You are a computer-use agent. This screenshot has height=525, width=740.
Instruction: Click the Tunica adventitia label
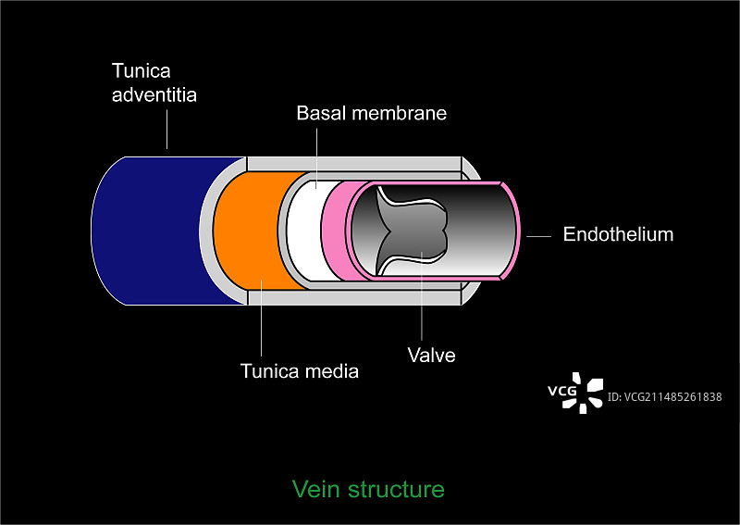click(x=154, y=82)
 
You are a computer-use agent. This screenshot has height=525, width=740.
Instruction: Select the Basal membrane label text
click(x=371, y=114)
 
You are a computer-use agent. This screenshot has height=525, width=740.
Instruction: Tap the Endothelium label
click(x=618, y=234)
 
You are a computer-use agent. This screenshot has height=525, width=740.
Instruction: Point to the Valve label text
click(x=432, y=355)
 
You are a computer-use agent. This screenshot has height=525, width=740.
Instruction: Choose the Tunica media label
click(x=299, y=371)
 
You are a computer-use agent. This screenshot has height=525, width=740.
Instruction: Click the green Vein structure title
click(x=368, y=489)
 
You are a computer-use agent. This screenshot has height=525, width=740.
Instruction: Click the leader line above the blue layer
click(x=167, y=130)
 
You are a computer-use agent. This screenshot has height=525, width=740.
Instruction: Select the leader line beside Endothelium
click(x=539, y=235)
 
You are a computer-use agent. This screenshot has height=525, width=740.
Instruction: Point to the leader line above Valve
click(x=421, y=296)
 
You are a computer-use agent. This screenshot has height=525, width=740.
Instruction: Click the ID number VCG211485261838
click(x=664, y=397)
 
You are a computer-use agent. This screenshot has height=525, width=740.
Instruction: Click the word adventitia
click(x=154, y=94)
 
